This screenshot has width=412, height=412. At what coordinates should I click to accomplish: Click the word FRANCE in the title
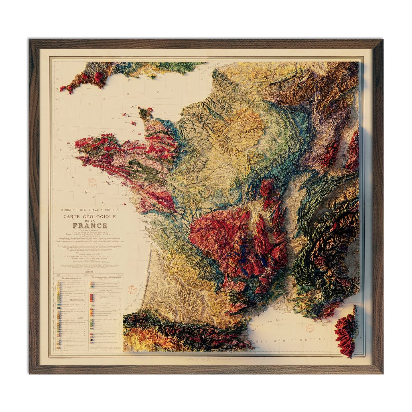tap(90, 226)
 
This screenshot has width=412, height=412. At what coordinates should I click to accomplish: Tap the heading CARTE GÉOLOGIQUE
tap(90, 216)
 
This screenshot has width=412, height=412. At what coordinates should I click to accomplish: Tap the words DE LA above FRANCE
tap(90, 221)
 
